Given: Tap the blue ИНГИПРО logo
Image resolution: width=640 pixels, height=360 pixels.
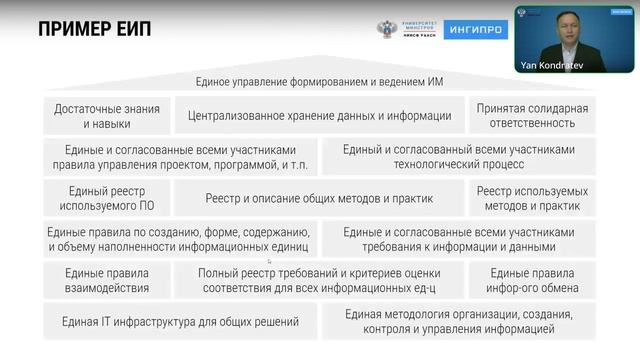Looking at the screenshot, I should tap(475, 30).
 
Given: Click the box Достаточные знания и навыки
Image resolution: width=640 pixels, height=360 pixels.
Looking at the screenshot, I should tap(107, 116).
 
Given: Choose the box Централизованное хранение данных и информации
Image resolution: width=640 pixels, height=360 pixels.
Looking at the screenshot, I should tap(320, 116).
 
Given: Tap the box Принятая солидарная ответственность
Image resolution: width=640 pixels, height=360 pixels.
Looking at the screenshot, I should tap(532, 116).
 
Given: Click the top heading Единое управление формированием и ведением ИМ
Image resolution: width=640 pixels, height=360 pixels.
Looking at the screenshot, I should tap(320, 81).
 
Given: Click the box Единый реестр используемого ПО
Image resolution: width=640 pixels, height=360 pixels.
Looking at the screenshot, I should tap(107, 198).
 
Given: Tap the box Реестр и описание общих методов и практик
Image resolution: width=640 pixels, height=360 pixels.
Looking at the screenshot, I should tap(320, 198).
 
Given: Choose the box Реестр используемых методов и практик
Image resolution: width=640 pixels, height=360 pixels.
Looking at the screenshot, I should tap(532, 198).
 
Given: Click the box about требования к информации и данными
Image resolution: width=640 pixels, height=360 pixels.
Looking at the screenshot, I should tap(459, 239).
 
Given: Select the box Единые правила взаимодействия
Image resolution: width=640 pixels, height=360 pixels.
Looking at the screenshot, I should tap(107, 280).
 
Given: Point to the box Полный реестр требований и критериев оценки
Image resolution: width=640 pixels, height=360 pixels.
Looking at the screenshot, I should tap(320, 280).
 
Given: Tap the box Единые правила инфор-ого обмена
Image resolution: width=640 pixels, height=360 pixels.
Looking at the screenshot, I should tap(532, 280).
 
